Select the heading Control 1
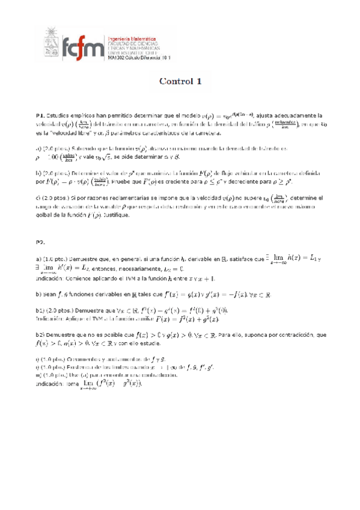pos(180,82)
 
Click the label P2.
pos(41,242)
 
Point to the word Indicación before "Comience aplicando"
pos(52,278)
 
